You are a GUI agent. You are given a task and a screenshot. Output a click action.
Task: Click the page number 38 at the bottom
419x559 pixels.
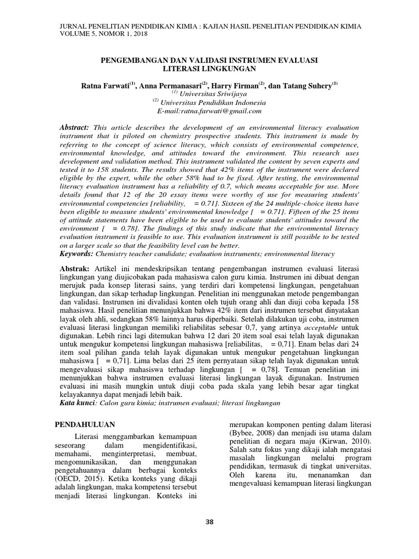point(209,522)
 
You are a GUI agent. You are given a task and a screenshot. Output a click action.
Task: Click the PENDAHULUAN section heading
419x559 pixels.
point(87,424)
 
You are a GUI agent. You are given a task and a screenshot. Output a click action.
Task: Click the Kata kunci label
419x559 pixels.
point(78,402)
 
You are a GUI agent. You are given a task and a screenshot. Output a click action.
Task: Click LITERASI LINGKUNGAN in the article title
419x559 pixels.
point(209,69)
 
